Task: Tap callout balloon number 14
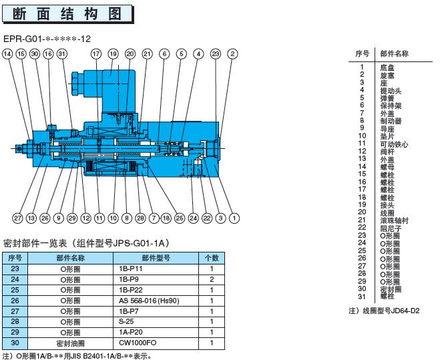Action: tap(7, 53)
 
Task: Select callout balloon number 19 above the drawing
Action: tap(113, 53)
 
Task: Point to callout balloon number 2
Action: tap(232, 53)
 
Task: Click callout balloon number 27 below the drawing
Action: tap(17, 218)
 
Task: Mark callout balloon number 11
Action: tap(99, 218)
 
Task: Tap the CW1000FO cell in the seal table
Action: tap(137, 343)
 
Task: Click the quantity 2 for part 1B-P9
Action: tap(211, 279)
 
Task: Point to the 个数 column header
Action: tap(211, 257)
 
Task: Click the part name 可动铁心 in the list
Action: tap(394, 144)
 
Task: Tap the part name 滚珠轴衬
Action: tap(394, 220)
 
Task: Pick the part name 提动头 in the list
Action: tap(390, 90)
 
